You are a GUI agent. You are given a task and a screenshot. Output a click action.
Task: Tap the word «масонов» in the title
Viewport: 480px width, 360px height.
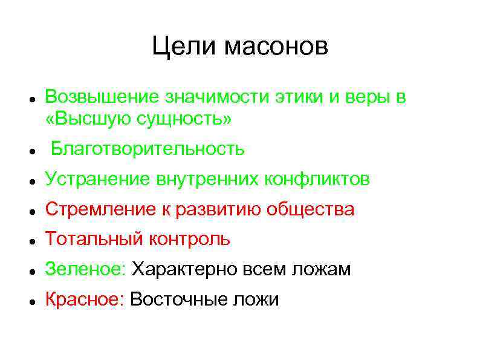275,47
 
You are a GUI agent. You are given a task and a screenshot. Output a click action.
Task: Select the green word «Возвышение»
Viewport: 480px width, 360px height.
97,97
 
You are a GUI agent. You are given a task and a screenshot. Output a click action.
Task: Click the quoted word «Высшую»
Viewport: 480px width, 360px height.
89,119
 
